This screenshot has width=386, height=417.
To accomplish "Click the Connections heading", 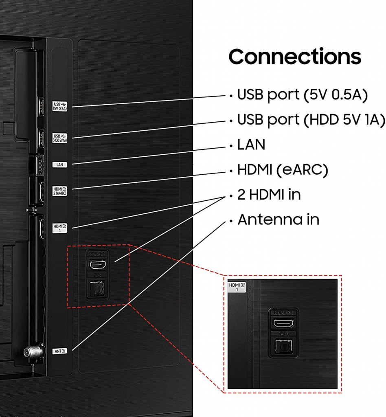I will pyautogui.click(x=295, y=57).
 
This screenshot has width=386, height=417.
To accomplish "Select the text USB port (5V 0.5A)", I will pyautogui.click(x=303, y=95).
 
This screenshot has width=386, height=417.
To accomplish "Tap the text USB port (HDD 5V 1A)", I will pyautogui.click(x=311, y=120).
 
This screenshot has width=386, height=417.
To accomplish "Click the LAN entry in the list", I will pyautogui.click(x=251, y=145).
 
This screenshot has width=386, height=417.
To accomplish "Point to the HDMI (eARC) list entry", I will pyautogui.click(x=282, y=170).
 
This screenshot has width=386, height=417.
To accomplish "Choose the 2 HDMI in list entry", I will pyautogui.click(x=269, y=195).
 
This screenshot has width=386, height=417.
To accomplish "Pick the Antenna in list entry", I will pyautogui.click(x=278, y=219).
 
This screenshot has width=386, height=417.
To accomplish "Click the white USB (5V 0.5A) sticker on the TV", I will pyautogui.click(x=60, y=106).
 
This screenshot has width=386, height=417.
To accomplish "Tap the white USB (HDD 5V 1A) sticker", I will pyautogui.click(x=60, y=138).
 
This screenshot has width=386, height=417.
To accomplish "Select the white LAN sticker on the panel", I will pyautogui.click(x=60, y=165).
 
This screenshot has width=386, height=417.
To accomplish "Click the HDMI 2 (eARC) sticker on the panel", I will pyautogui.click(x=60, y=191).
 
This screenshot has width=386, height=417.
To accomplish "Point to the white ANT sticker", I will pyautogui.click(x=59, y=350).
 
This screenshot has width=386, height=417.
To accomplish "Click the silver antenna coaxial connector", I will pyautogui.click(x=29, y=351).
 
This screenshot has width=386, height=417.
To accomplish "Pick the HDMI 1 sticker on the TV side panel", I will pyautogui.click(x=59, y=227).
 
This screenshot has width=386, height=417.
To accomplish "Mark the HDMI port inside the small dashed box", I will pyautogui.click(x=97, y=265).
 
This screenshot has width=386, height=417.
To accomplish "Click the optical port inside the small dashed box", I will pyautogui.click(x=97, y=290).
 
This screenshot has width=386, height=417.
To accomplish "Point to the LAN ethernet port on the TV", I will pyautogui.click(x=39, y=165).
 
